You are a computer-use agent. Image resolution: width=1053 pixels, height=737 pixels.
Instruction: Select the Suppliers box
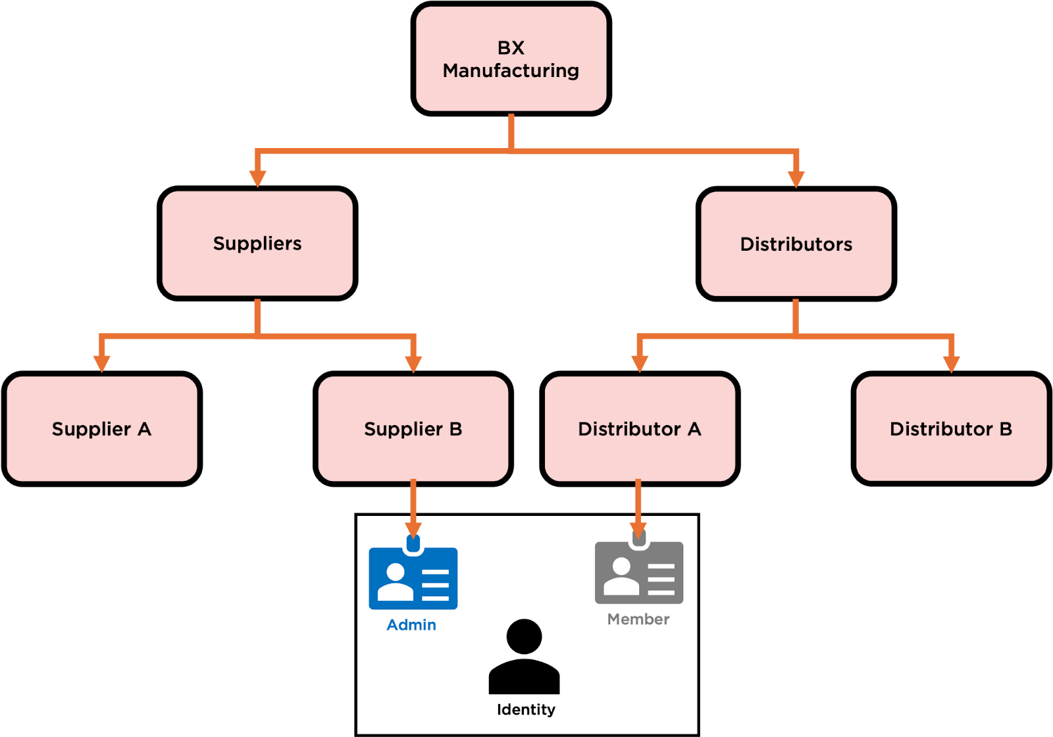(x=257, y=243)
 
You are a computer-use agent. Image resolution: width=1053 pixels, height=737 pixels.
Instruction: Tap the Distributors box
(x=796, y=244)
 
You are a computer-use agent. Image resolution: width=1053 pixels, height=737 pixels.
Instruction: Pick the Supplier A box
(x=102, y=429)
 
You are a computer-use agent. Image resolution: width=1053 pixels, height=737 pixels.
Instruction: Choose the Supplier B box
(x=413, y=429)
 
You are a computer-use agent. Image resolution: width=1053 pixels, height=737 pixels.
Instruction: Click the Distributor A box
(x=640, y=429)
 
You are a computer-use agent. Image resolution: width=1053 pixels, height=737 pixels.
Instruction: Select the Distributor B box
(x=951, y=429)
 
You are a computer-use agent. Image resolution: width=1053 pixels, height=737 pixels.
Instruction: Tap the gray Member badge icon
(x=639, y=572)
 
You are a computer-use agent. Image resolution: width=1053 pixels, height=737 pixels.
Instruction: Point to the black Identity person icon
(x=525, y=657)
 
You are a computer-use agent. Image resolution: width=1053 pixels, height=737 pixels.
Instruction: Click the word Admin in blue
(x=411, y=625)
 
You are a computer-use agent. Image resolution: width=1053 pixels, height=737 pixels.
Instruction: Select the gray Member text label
(x=638, y=619)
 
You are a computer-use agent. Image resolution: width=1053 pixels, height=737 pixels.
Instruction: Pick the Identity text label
(x=526, y=709)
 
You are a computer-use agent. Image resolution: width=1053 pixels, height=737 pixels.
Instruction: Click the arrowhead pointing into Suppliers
(x=258, y=178)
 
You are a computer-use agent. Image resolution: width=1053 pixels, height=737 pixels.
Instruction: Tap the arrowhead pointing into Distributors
(x=796, y=178)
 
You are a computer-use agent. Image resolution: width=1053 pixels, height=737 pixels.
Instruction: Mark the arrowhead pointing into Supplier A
(x=101, y=363)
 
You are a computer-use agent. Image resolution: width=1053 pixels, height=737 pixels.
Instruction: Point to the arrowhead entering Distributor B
(x=951, y=363)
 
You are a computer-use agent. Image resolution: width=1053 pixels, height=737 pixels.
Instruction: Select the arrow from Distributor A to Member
(x=638, y=503)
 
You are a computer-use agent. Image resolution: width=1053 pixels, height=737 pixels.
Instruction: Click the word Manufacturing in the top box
(x=511, y=70)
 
